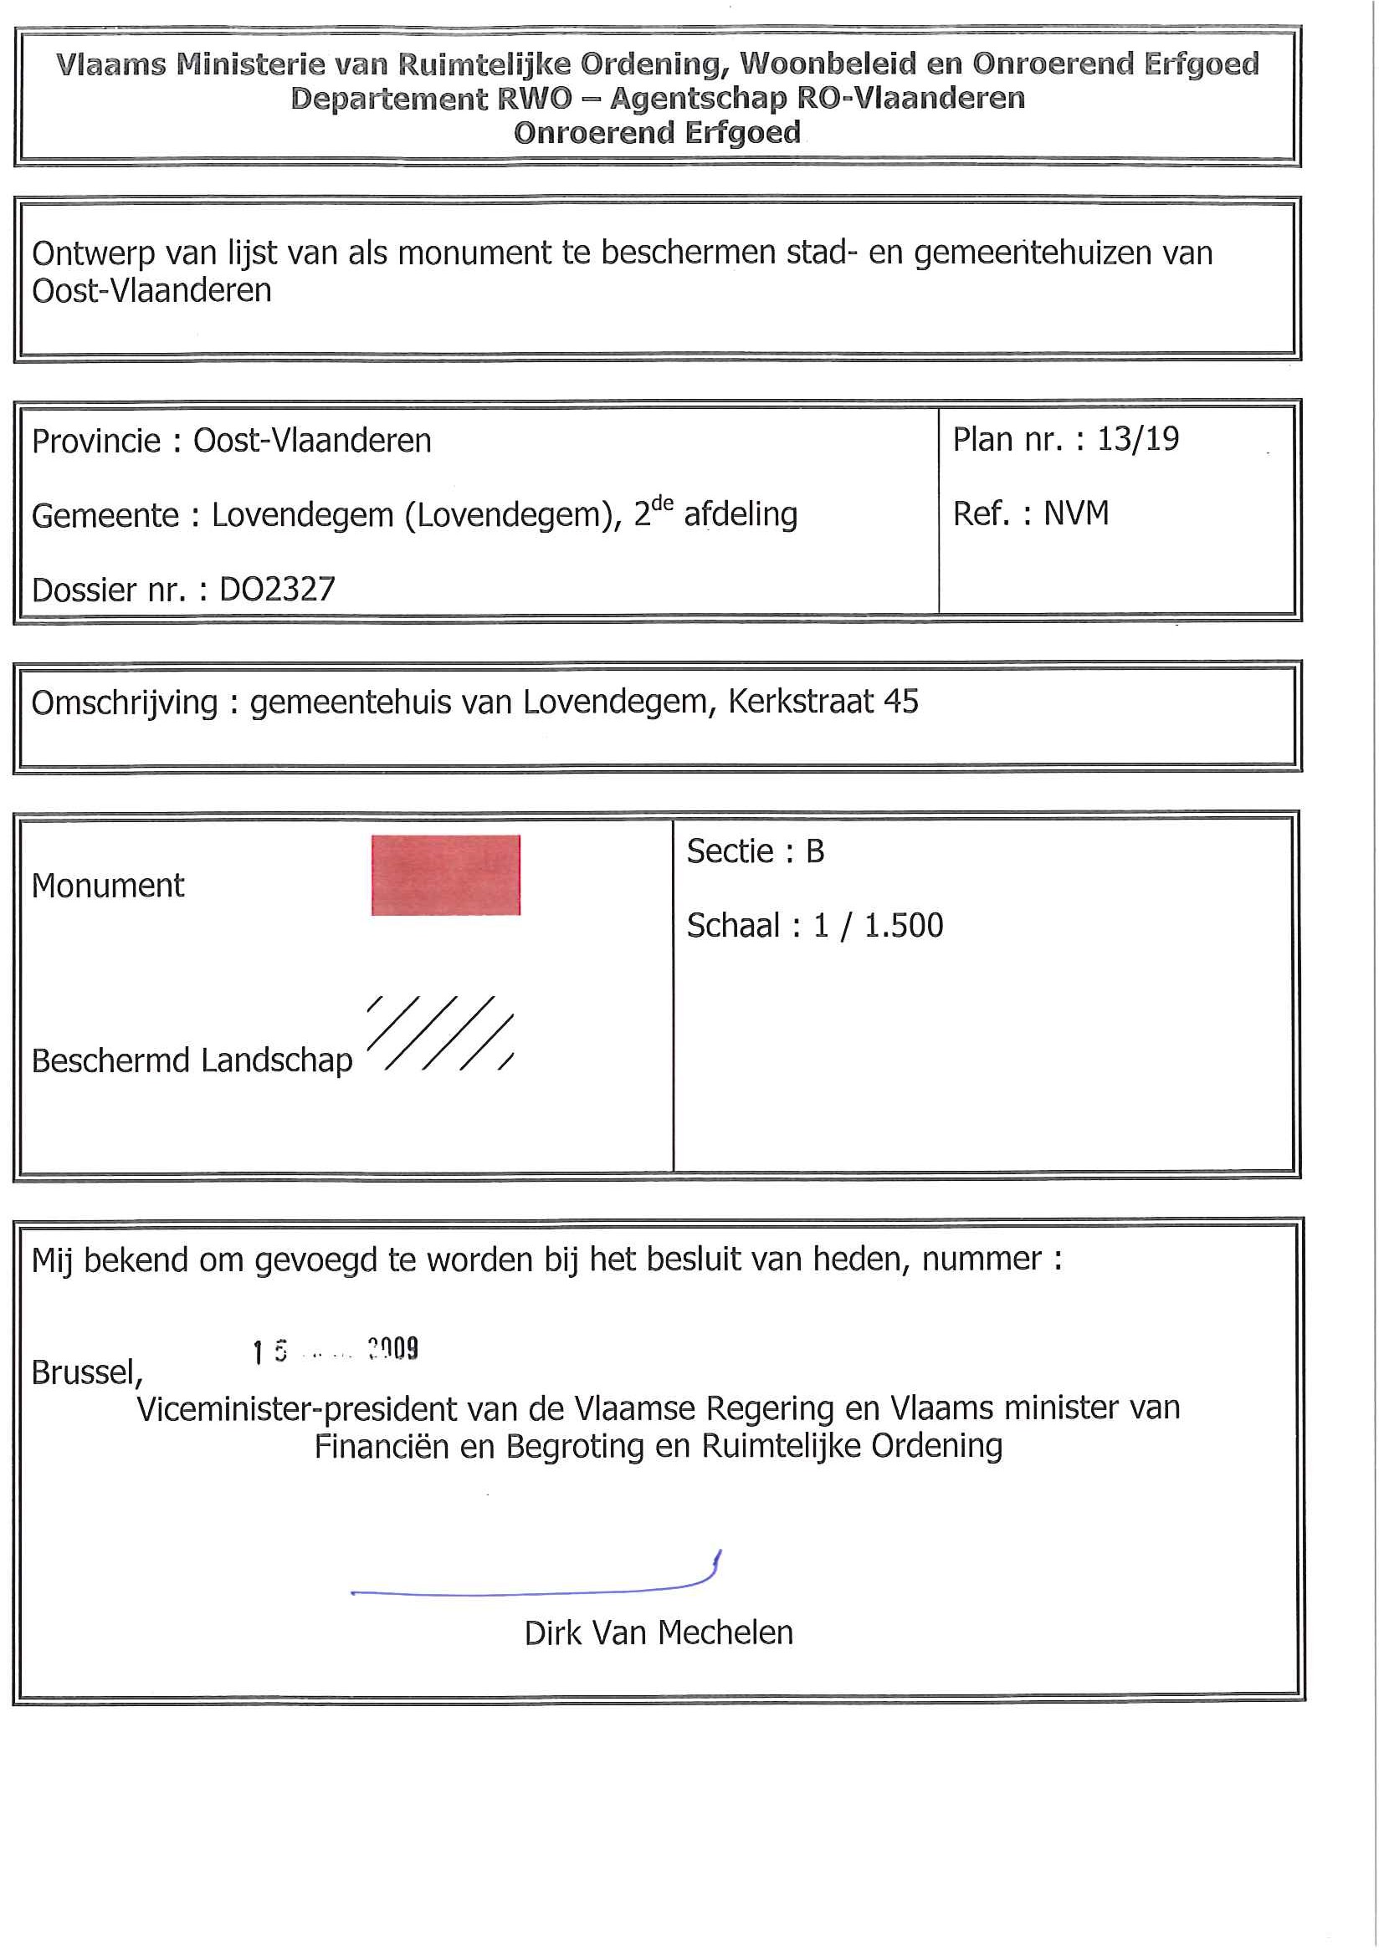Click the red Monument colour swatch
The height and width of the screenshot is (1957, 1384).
click(445, 875)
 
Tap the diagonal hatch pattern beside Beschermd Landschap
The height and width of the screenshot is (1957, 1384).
click(440, 1032)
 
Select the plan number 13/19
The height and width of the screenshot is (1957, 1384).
click(1137, 439)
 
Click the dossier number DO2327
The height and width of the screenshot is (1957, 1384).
click(277, 589)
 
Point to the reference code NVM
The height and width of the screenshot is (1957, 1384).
click(1076, 514)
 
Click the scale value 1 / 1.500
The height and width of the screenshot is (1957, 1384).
click(879, 925)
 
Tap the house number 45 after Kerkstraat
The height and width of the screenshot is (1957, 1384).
click(900, 702)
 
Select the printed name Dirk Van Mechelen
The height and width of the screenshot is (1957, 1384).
click(659, 1633)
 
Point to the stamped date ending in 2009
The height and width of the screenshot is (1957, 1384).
click(336, 1350)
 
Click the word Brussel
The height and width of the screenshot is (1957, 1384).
click(85, 1372)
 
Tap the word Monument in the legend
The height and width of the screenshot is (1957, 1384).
click(107, 886)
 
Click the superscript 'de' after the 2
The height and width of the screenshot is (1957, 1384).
click(662, 503)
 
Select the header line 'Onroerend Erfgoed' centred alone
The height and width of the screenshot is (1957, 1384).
click(657, 133)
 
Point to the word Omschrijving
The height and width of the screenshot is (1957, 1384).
click(125, 703)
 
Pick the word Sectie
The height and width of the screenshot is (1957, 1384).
click(729, 851)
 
